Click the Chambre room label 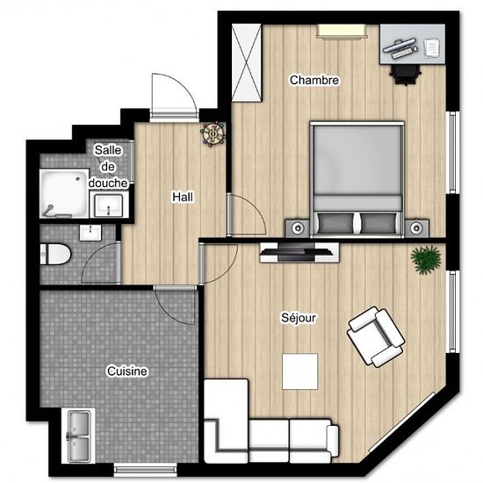314,80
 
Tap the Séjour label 299,318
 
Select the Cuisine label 127,371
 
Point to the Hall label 183,197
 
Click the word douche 108,183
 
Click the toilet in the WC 55,255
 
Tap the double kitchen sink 78,436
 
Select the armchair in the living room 376,336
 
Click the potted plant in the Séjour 426,259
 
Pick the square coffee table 300,371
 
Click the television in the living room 296,251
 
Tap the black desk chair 405,75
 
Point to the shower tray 64,193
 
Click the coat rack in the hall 213,133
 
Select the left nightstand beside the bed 298,228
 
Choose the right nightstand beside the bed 417,228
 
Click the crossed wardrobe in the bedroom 247,62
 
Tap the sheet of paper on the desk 432,47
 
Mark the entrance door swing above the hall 175,95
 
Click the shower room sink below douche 108,205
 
